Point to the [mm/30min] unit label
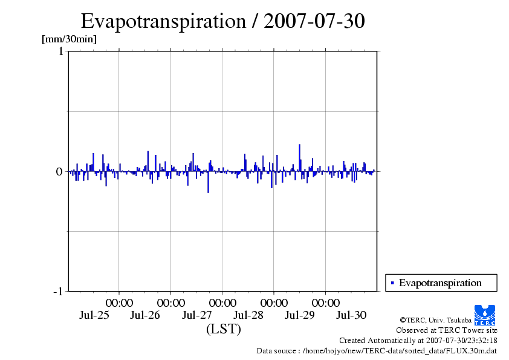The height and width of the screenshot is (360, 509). pyautogui.click(x=69, y=39)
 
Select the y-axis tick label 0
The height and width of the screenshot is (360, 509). pyautogui.click(x=60, y=171)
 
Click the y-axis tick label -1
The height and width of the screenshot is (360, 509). pyautogui.click(x=58, y=292)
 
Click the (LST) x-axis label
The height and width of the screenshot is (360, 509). pyautogui.click(x=223, y=329)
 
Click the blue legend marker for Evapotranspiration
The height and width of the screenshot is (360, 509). pyautogui.click(x=392, y=283)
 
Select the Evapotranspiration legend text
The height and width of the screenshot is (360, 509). pyautogui.click(x=440, y=283)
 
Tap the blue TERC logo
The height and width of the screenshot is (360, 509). pyautogui.click(x=485, y=315)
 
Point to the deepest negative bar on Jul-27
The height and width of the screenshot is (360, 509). pyautogui.click(x=208, y=182)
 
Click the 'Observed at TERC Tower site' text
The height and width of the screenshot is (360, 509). pyautogui.click(x=446, y=330)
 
